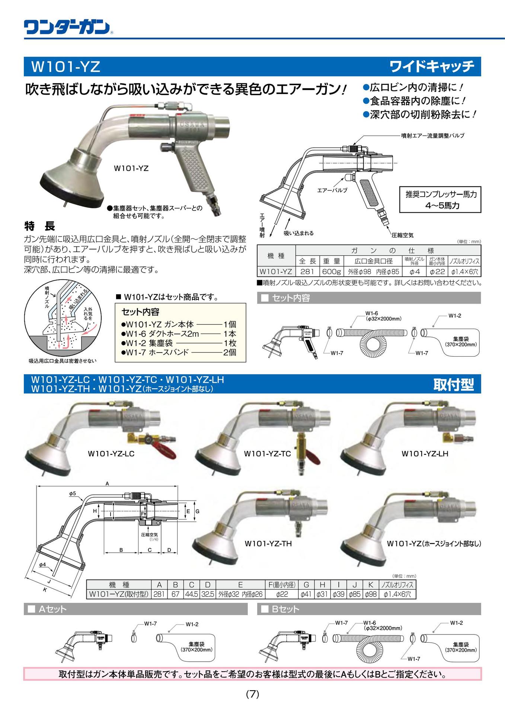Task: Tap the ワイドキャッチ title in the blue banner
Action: coord(432,67)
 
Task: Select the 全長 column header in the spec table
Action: coord(307,261)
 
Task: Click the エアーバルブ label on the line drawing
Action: coord(332,190)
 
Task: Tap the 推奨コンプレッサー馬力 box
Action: coord(440,199)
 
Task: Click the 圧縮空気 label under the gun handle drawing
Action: coord(402,235)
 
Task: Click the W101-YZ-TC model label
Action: coord(267,454)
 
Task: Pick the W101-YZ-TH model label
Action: coord(268,544)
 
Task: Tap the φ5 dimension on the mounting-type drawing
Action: coord(72,493)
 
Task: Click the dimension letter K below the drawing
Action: coord(45,589)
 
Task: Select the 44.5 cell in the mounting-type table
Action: coord(191,594)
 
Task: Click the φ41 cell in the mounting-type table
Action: coord(306,594)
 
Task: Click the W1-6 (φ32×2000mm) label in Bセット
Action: coord(383,625)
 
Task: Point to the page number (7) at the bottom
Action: coord(252,694)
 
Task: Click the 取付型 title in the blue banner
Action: coord(453,385)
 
